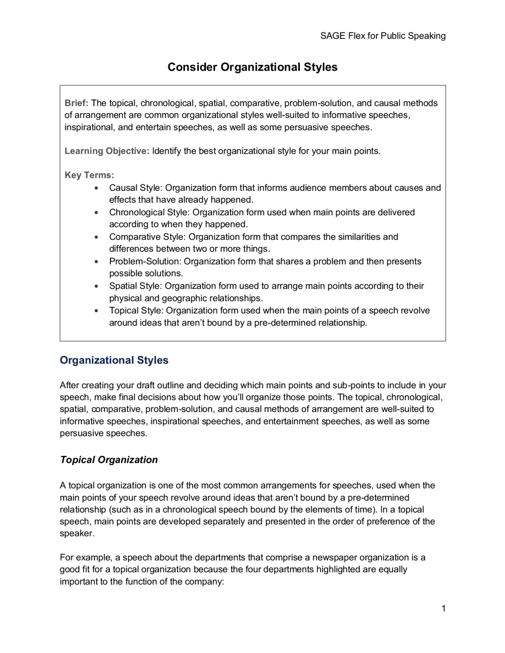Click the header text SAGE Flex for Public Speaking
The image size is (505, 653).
[x=383, y=36]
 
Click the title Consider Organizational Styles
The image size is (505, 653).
[x=252, y=67]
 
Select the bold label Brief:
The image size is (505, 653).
[x=77, y=103]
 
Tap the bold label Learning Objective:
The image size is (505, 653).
[x=107, y=151]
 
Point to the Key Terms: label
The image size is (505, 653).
[x=89, y=175]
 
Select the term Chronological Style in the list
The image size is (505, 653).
[x=149, y=212]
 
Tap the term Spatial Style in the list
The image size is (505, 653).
[x=135, y=286]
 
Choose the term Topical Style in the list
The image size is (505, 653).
[x=136, y=310]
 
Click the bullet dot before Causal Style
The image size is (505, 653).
[x=96, y=188]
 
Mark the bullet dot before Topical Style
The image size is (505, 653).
[x=96, y=311]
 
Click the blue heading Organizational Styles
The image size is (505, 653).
[x=114, y=360]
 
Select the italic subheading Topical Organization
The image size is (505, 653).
[x=109, y=460]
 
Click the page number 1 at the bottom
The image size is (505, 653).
[x=443, y=608]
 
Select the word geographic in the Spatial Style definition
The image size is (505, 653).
[x=182, y=298]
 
